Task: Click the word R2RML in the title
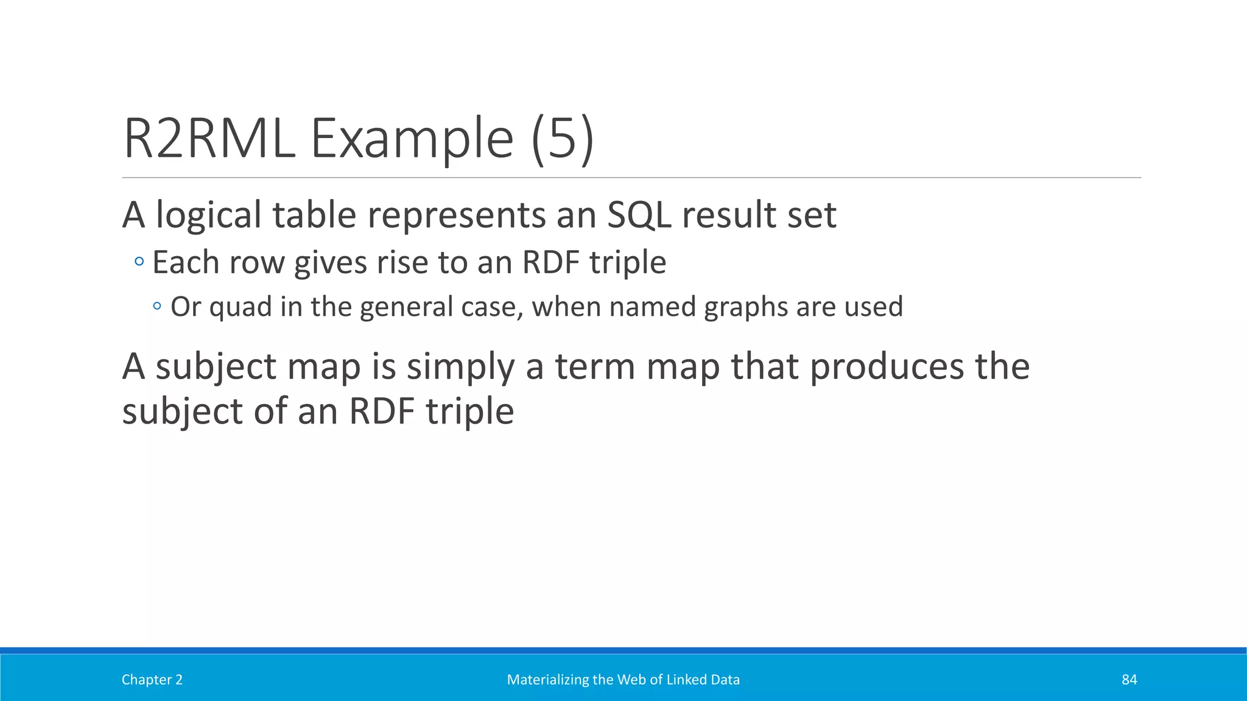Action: tap(209, 139)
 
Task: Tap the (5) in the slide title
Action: tap(562, 139)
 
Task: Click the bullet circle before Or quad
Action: tap(157, 306)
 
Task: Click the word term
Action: tap(594, 368)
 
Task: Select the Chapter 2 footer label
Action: tap(152, 680)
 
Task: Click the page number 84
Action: tap(1129, 680)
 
